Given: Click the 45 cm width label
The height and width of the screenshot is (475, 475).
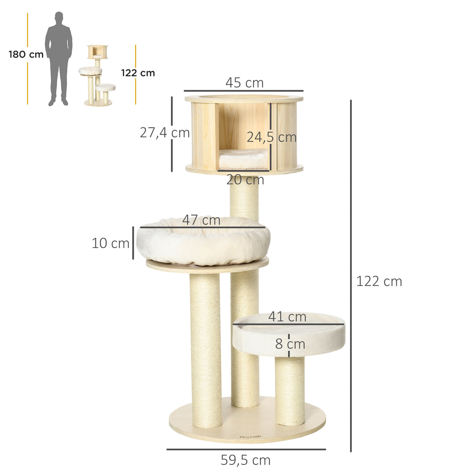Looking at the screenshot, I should click(244, 83).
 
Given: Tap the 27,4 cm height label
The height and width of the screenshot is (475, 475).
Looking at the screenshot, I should click(164, 132).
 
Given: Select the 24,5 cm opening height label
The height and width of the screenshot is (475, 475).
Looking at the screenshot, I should click(271, 137).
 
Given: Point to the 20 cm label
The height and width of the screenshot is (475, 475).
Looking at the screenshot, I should click(245, 180).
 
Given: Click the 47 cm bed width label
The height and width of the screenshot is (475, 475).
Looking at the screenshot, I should click(201, 220).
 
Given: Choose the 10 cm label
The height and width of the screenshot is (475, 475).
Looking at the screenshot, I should click(110, 243).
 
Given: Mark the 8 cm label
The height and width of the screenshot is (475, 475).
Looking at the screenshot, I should click(290, 344).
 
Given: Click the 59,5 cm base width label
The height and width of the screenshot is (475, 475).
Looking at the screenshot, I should click(245, 460).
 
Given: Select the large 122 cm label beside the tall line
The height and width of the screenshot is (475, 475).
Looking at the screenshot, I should click(379, 281).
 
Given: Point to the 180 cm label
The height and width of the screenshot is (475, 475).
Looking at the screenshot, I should click(26, 55).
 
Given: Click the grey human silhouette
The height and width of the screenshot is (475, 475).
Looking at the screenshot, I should click(58, 58).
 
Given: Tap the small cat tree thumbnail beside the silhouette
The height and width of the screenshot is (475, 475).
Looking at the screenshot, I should click(98, 76).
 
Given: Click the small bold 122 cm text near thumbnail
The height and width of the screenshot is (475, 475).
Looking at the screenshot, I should click(138, 73).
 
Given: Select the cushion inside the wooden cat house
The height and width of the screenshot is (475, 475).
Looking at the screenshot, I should click(243, 158).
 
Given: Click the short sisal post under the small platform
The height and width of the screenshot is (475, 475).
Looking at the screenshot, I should click(290, 391).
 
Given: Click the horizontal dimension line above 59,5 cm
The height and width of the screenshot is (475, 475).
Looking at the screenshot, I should click(246, 449).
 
